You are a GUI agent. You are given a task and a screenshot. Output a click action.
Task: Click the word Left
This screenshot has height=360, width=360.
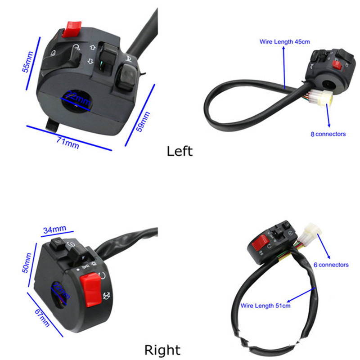(180, 151)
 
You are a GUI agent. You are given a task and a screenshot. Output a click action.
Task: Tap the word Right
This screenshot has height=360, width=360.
(162, 350)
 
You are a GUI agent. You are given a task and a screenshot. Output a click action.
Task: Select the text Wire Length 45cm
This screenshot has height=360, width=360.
(284, 41)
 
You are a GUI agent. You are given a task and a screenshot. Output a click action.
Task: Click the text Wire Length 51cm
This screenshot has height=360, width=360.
(265, 306)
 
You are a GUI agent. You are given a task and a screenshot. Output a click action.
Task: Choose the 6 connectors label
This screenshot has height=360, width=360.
(331, 265)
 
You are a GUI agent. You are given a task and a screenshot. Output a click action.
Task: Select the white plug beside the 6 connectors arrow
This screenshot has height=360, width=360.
(314, 232)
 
